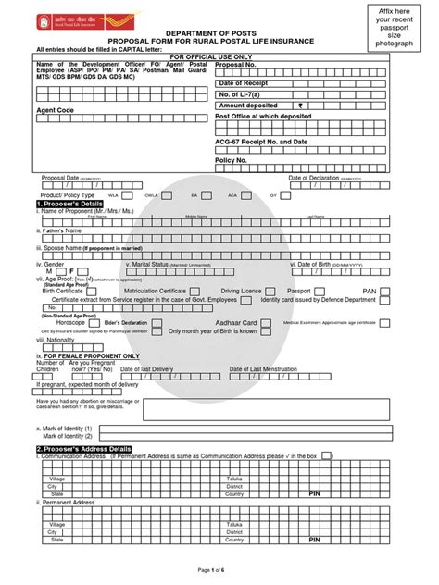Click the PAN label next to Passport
point(369,290)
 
